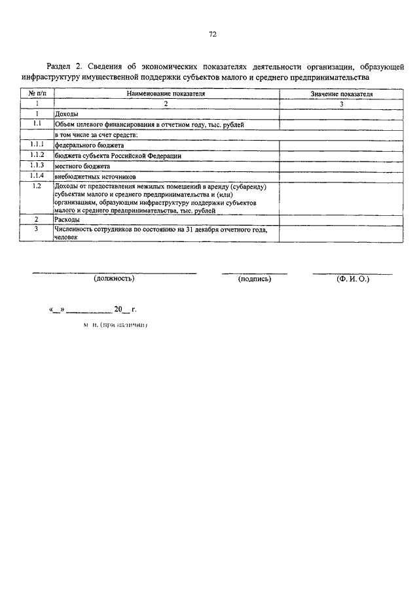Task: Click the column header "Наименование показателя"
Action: click(166, 94)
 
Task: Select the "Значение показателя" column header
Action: click(342, 94)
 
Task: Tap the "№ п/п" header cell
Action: click(37, 94)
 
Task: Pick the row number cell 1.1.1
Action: click(37, 144)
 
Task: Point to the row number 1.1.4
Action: click(37, 175)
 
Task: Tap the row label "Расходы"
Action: click(67, 220)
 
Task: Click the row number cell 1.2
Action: click(37, 186)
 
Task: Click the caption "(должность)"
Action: click(115, 279)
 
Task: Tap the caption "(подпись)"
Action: click(255, 279)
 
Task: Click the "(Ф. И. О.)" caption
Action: click(353, 279)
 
